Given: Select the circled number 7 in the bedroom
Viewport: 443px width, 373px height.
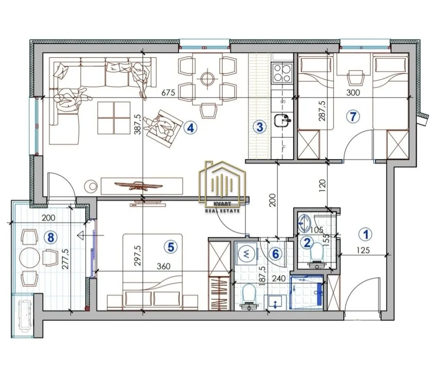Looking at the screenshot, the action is pos(354,116).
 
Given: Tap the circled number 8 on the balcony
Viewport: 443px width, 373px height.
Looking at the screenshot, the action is pos(50,238).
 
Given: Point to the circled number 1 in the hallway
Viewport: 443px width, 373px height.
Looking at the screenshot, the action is pos(366,234).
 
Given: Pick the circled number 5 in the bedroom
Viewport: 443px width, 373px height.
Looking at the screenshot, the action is pos(171,247).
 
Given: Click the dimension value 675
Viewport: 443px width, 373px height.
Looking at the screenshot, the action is pos(168,92).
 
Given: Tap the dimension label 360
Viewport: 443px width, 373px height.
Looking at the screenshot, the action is pos(163,266).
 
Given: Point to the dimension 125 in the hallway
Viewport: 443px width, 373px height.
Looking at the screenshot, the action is pos(363,250).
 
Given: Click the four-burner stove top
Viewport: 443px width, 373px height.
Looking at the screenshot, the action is pos(282,73).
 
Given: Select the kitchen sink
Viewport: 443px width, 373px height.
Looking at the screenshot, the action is pos(282,120).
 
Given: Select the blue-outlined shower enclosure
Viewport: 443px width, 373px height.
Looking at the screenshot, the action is pos(306,292).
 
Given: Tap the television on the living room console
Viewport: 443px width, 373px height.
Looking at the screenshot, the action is pos(139,185).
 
